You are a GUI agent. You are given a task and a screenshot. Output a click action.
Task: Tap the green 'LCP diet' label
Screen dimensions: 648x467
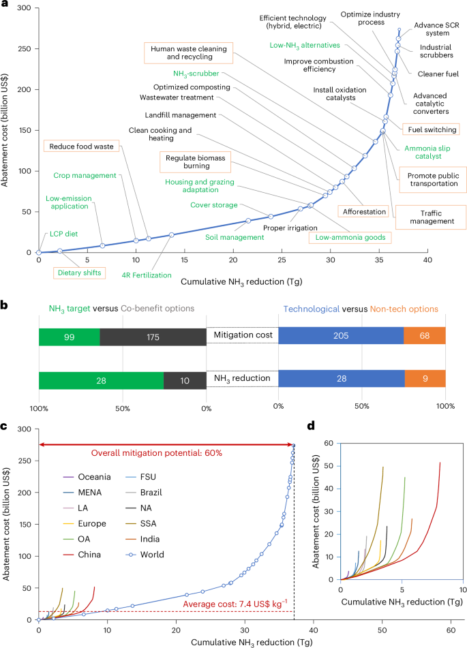pyautogui.click(x=62, y=234)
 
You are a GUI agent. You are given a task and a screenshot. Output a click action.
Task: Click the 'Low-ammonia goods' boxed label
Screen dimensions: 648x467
pyautogui.click(x=346, y=238)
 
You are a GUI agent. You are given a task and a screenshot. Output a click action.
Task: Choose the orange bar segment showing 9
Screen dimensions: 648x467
pyautogui.click(x=425, y=380)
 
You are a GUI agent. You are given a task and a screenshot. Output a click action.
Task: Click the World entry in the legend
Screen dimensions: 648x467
pyautogui.click(x=168, y=554)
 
